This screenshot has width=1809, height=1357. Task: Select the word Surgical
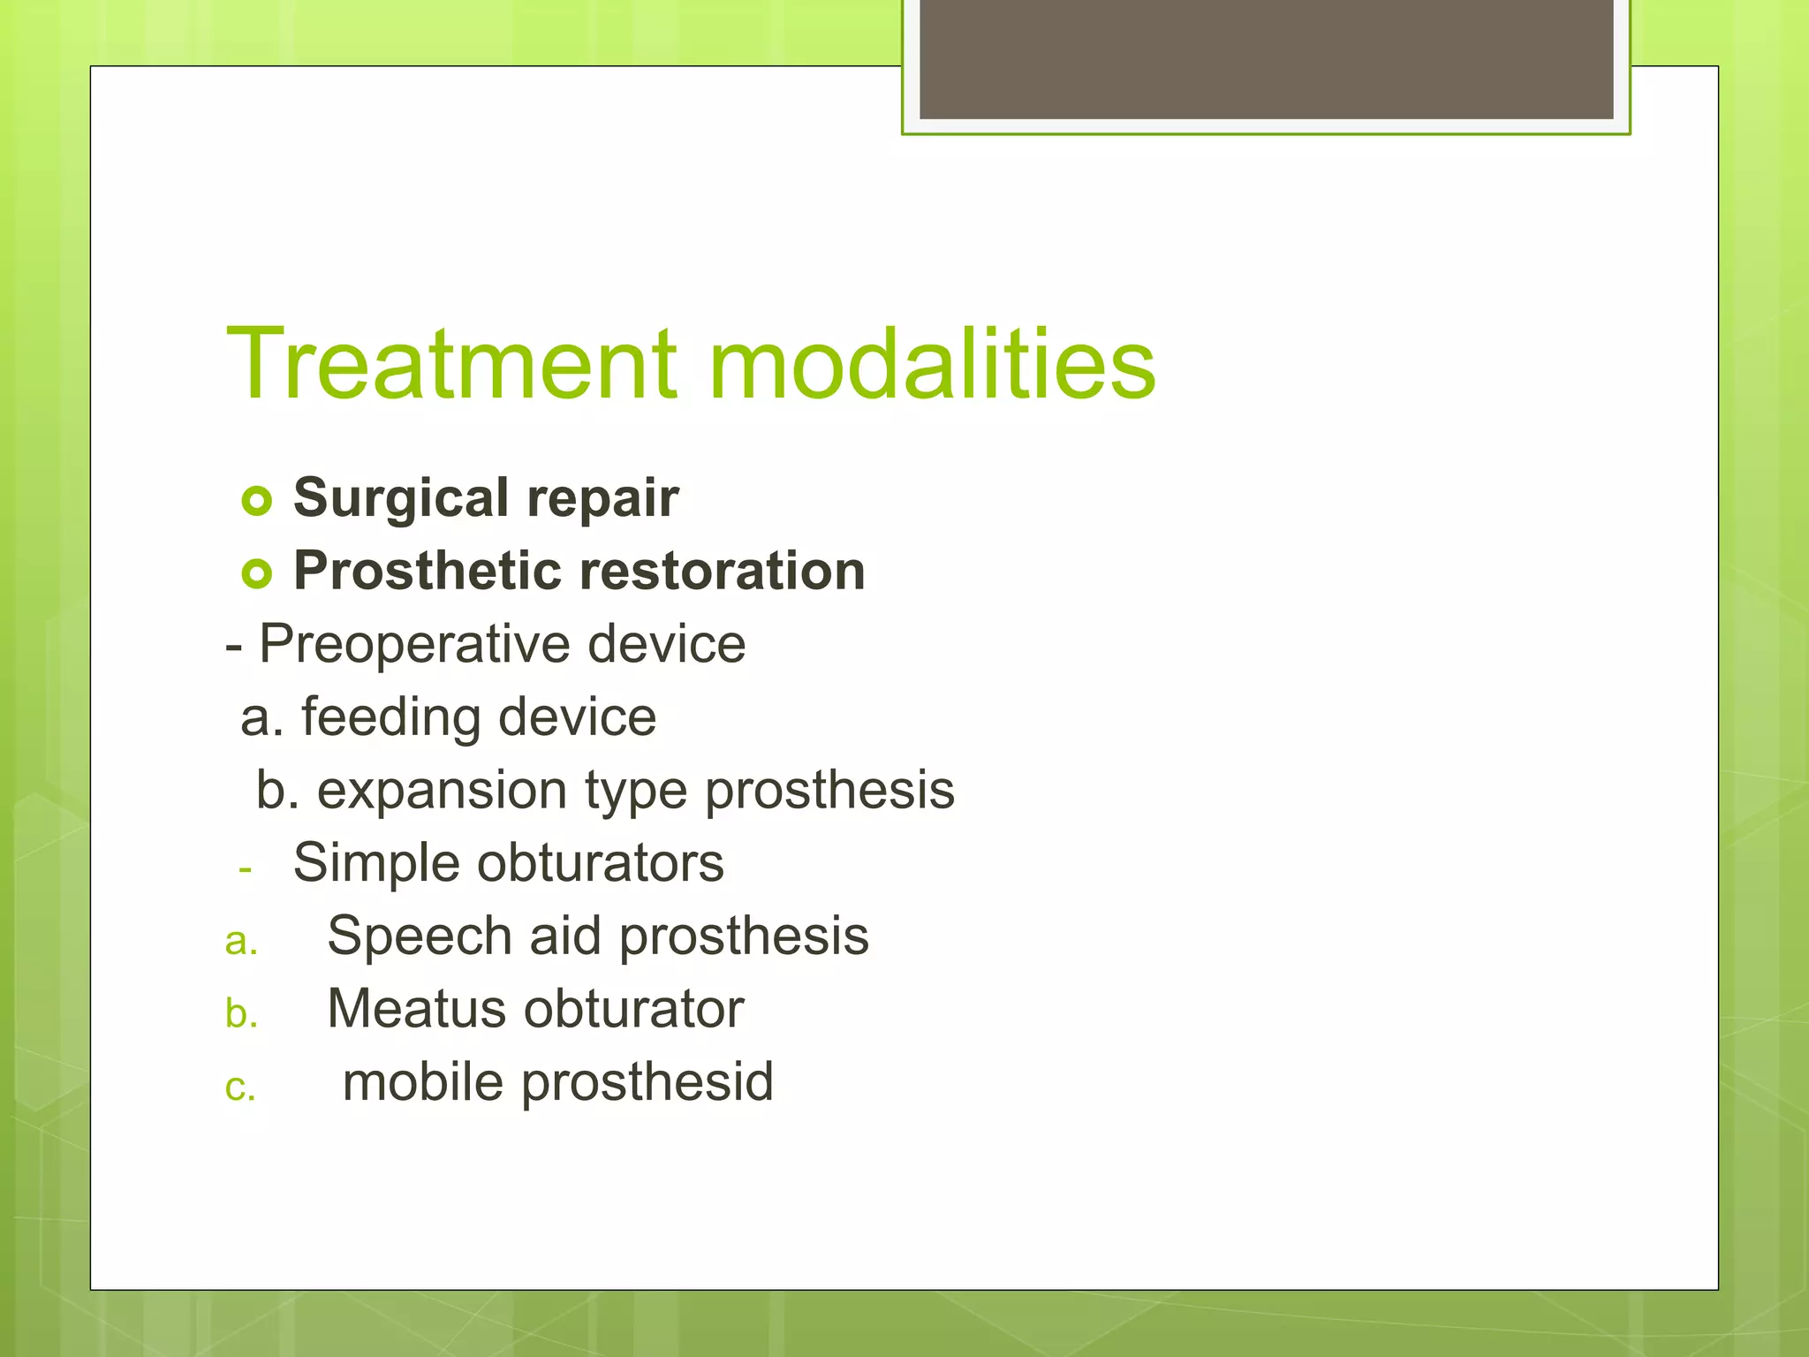click(x=401, y=498)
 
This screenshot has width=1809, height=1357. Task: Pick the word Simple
click(x=376, y=863)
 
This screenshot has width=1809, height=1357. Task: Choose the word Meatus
click(x=416, y=1009)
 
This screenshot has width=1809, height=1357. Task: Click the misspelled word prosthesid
click(x=647, y=1082)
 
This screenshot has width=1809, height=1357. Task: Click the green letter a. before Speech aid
click(x=240, y=943)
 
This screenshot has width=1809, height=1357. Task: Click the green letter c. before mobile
click(x=240, y=1088)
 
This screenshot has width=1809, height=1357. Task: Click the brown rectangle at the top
click(x=1266, y=58)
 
